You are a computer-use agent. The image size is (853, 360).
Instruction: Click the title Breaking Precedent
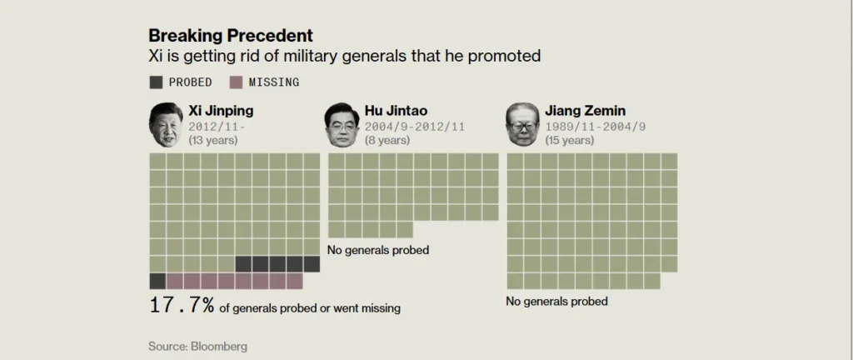tap(231, 36)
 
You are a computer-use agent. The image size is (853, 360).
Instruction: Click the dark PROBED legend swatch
tap(157, 82)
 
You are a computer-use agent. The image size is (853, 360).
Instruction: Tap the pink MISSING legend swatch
tap(236, 82)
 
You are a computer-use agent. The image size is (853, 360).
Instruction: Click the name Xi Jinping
tap(221, 111)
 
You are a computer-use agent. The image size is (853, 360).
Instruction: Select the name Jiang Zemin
tap(585, 111)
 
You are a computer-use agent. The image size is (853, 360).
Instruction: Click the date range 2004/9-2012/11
tap(414, 126)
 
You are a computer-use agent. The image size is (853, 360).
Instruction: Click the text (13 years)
tap(213, 140)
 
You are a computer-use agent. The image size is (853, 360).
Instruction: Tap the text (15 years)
tap(570, 140)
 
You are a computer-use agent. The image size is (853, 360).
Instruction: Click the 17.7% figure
tap(182, 306)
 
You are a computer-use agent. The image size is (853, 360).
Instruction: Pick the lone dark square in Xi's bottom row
tap(157, 281)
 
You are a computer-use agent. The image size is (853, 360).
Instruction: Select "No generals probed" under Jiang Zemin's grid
tap(557, 301)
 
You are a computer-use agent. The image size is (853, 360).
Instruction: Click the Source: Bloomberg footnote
tap(197, 346)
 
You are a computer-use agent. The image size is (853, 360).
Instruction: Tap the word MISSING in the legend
tap(274, 82)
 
